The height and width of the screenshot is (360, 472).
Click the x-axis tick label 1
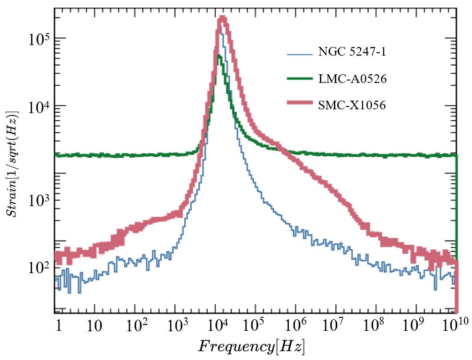coord(59,327)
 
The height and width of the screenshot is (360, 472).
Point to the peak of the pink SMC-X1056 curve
coord(222,19)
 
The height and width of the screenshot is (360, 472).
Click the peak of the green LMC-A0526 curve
coord(219,56)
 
